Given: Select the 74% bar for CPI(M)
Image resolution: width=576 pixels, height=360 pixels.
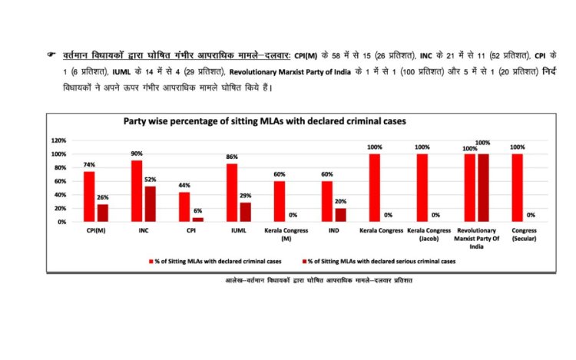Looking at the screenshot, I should click(x=89, y=196).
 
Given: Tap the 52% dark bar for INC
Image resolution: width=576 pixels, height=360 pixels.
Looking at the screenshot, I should click(x=150, y=203).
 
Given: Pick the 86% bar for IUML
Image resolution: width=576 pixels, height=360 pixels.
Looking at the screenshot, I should click(x=232, y=192).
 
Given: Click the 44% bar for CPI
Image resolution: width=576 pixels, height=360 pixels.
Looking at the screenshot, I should click(x=184, y=206).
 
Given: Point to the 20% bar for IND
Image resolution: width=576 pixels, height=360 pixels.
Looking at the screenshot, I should click(x=340, y=215).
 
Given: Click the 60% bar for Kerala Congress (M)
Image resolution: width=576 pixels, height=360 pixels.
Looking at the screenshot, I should click(x=280, y=201).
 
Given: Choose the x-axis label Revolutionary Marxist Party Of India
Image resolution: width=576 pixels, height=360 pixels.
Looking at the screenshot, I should click(x=476, y=238).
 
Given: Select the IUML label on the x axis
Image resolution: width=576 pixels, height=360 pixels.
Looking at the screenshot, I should click(x=237, y=230).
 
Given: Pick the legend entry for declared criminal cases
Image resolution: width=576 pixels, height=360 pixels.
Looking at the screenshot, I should click(x=216, y=261).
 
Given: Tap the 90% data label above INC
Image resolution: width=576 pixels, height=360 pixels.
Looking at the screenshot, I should click(x=137, y=154).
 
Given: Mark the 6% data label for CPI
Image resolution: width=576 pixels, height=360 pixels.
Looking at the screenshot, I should click(x=197, y=210).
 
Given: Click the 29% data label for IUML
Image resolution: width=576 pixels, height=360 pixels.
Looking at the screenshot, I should click(x=245, y=196).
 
